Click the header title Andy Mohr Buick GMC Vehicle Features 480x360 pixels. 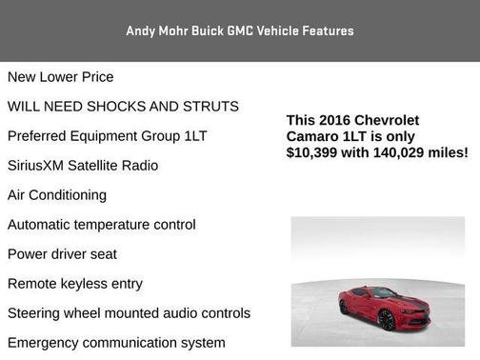coord(240,30)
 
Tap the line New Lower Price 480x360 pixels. coord(60,77)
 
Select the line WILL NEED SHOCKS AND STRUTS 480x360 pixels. coord(123,107)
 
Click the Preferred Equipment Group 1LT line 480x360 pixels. coord(107,136)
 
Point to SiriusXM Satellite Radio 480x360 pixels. coord(83,166)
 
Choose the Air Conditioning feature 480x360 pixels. coord(57,195)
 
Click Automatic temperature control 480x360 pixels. coord(102,225)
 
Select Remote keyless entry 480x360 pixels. coord(75,284)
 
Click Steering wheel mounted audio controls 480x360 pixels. coord(129,313)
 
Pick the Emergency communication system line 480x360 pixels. coord(116,343)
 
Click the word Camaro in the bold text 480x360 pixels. coord(313,136)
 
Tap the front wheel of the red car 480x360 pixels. coord(387,321)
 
